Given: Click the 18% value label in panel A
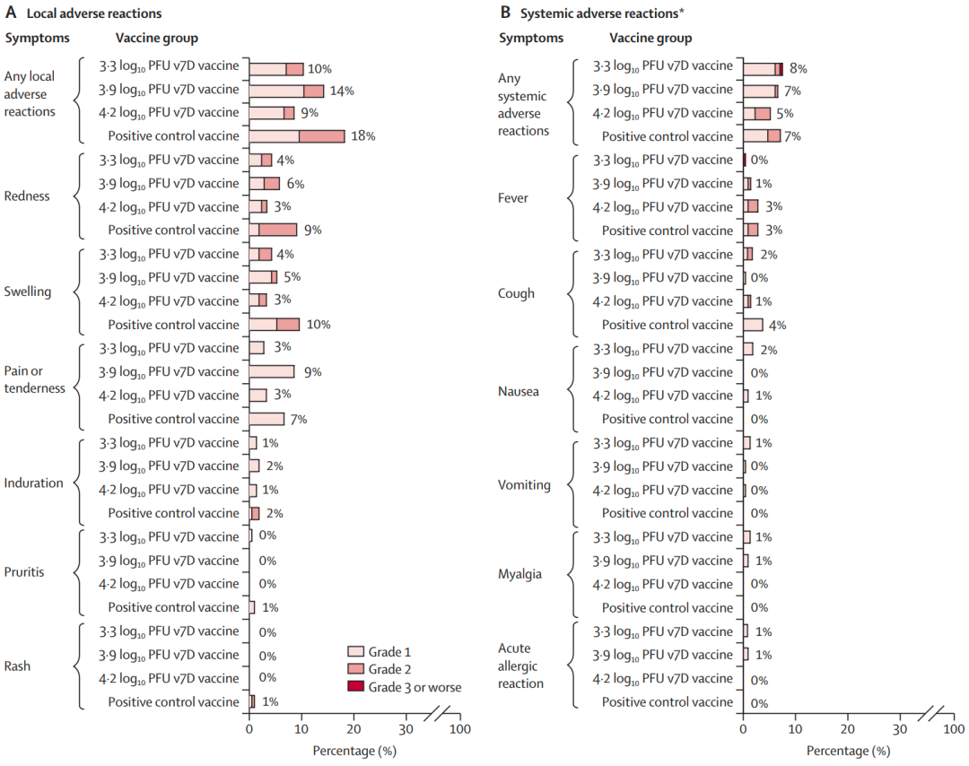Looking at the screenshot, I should (362, 136).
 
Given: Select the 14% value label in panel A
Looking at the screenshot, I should (342, 91).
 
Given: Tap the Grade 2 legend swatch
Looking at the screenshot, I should (356, 669).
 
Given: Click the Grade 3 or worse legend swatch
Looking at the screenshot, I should (356, 687).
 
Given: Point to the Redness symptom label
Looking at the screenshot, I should (28, 196).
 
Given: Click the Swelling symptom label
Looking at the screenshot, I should (28, 292).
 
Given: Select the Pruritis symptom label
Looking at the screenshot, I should (25, 571).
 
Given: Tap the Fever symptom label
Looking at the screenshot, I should (513, 198).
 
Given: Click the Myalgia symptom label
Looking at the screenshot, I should (519, 574).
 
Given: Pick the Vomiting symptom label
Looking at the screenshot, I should (522, 484).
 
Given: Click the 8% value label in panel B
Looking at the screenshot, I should (798, 68).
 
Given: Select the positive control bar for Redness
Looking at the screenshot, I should (273, 231).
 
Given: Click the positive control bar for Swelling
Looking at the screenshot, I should (275, 325).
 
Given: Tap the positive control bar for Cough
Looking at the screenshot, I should (754, 325).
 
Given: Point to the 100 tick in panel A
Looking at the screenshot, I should (460, 730).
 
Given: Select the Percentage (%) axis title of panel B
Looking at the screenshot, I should (848, 750).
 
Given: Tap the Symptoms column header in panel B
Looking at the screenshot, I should (531, 38).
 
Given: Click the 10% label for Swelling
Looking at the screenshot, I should (319, 325).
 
